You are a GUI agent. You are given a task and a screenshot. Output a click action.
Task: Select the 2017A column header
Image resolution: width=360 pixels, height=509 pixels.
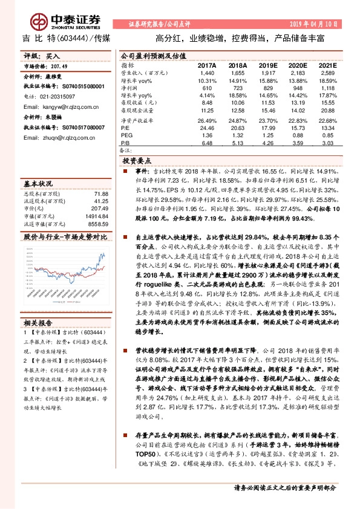point(206,65)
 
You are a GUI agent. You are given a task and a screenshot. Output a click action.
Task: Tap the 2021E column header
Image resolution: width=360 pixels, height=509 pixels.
point(327,65)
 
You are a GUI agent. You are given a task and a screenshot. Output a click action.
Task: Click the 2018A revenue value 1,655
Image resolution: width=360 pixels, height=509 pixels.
point(238,73)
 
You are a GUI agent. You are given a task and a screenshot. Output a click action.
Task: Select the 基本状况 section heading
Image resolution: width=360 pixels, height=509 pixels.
point(38,183)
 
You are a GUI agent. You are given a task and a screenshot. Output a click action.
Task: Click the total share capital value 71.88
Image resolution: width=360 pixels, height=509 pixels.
point(100,193)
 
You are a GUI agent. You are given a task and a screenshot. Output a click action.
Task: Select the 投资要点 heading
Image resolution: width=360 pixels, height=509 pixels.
point(137,161)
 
